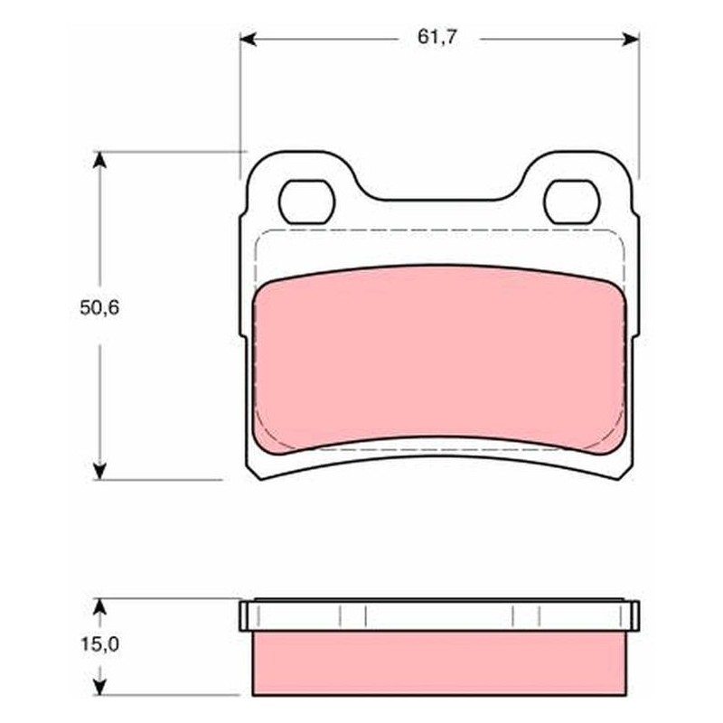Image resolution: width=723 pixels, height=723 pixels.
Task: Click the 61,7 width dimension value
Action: [437, 37]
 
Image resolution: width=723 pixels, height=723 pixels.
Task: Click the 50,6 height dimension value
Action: [99, 307]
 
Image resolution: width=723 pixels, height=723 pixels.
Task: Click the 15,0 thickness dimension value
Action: [100, 644]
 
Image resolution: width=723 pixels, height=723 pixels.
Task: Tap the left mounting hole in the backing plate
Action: [306, 202]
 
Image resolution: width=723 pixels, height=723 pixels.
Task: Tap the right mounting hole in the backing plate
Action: [572, 202]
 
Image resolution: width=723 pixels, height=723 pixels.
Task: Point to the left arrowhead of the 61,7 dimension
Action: [248, 39]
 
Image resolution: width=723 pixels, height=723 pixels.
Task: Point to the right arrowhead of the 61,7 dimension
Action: [631, 39]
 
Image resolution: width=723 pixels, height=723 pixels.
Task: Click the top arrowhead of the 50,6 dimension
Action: [99, 160]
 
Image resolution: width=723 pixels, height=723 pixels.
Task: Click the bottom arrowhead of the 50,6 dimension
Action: [99, 471]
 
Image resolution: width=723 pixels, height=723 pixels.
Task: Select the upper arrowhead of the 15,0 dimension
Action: [99, 606]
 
